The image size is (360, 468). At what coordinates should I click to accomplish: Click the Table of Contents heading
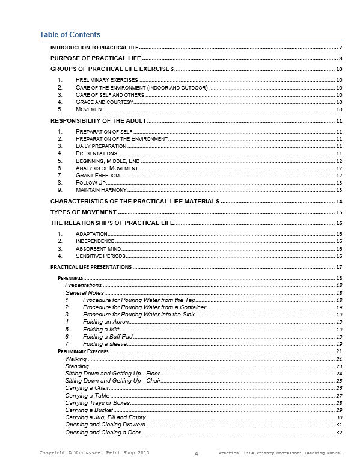pyautogui.click(x=70, y=34)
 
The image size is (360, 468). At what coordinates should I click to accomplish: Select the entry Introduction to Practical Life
pyautogui.click(x=94, y=47)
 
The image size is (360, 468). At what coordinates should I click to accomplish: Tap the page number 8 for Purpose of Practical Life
pyautogui.click(x=340, y=58)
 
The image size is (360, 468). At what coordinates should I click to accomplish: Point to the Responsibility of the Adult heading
pyautogui.click(x=98, y=122)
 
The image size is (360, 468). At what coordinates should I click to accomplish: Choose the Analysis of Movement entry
pyautogui.click(x=106, y=168)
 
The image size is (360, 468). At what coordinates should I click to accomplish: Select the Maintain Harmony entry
pyautogui.click(x=101, y=190)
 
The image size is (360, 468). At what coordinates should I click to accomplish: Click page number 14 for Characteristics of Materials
pyautogui.click(x=339, y=202)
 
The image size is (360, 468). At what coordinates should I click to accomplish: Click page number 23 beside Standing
pyautogui.click(x=339, y=366)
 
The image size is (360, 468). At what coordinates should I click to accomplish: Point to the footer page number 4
pyautogui.click(x=197, y=454)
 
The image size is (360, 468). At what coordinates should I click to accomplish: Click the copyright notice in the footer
pyautogui.click(x=94, y=452)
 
